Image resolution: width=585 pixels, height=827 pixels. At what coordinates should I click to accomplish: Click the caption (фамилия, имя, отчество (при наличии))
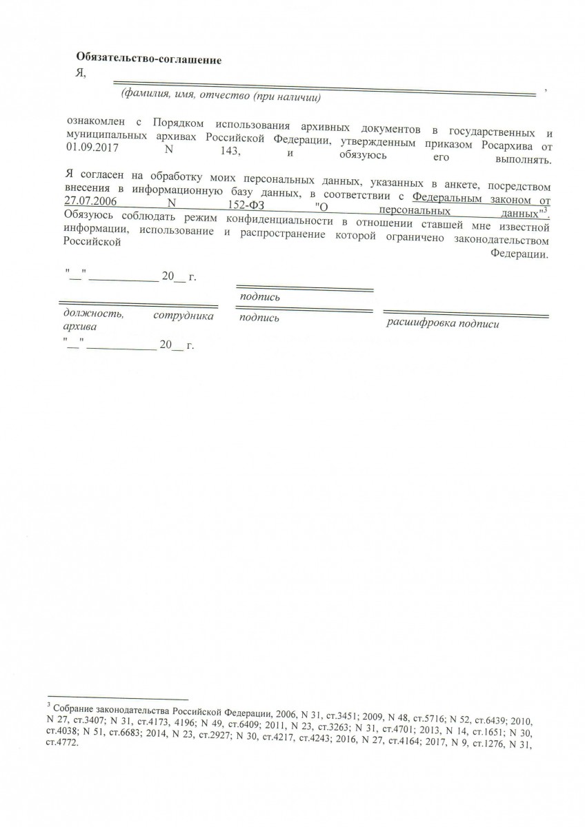point(220,96)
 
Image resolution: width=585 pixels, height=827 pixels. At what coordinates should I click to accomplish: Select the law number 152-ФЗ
point(246,207)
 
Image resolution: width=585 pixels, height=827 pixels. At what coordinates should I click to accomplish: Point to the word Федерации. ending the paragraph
point(520,254)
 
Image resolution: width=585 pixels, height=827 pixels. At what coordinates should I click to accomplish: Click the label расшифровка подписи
point(442,323)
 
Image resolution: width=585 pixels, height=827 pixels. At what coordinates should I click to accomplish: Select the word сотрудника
point(183,316)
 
